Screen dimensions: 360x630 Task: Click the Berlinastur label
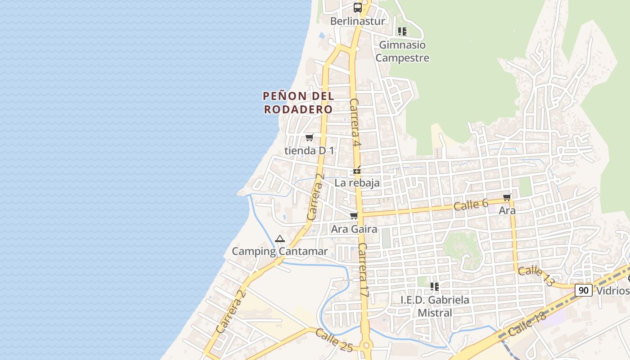coord(357,21)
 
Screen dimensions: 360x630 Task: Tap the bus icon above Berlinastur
coord(358,8)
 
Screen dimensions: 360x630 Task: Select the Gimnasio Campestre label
coord(402,51)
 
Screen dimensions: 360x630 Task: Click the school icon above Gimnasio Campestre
coord(402,31)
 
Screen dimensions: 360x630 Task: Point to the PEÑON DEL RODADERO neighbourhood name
coord(298,103)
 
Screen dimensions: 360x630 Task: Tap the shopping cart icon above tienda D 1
coord(309,138)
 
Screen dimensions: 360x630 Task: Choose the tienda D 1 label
coord(309,151)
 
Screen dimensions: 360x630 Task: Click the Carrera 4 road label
coord(355,122)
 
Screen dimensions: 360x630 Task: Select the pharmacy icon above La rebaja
coord(357,171)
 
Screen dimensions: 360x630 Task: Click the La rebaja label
coord(357,183)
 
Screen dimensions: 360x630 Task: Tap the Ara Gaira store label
coord(354,229)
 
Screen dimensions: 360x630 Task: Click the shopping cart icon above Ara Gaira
coord(354,216)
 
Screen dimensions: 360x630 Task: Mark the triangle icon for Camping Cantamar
coord(280,238)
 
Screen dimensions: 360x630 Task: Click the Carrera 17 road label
coord(364,270)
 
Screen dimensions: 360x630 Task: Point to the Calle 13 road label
coord(536,276)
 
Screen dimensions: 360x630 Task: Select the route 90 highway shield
coord(583,290)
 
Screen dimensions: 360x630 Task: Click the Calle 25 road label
coord(333,340)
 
